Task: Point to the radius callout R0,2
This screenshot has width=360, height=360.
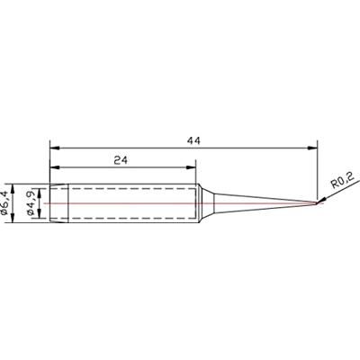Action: (343, 184)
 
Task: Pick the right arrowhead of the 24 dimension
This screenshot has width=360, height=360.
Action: (192, 166)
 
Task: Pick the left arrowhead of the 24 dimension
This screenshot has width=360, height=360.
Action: (54, 166)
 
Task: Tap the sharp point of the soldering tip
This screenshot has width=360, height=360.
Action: (319, 202)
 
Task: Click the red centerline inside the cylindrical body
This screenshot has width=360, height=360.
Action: (126, 202)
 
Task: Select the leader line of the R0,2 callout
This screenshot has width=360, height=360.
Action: (327, 195)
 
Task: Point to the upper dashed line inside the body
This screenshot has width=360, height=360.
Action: (126, 190)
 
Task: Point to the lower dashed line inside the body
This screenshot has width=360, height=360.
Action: (126, 214)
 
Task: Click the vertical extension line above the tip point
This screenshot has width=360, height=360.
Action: (319, 171)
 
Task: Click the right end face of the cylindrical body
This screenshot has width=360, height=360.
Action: (196, 202)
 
